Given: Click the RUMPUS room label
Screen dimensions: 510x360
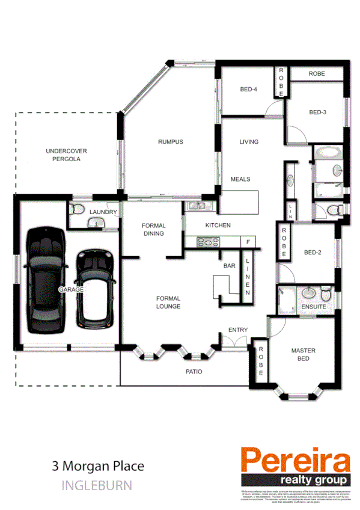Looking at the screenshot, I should click(170, 142).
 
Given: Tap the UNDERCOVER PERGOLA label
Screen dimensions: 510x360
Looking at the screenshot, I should click(63, 155).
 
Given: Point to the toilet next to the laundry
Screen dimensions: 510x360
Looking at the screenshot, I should click(76, 209).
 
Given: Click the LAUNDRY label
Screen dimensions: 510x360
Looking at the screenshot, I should click(103, 212).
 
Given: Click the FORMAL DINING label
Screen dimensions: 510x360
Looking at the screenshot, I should click(153, 230).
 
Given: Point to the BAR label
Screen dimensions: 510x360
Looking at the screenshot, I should click(228, 265).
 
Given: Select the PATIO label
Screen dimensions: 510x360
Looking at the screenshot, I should click(194, 372).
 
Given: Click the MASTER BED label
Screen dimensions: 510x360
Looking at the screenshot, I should click(303, 354).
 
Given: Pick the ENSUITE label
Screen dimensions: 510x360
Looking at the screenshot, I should click(313, 307).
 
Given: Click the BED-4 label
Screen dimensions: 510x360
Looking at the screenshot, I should click(249, 90).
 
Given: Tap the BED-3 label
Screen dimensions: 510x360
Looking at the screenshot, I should click(317, 112).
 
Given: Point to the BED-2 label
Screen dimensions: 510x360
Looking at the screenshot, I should click(313, 253).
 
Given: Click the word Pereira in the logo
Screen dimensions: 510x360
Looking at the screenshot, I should click(295, 462).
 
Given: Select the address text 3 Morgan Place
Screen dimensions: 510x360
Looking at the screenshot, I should click(98, 465).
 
